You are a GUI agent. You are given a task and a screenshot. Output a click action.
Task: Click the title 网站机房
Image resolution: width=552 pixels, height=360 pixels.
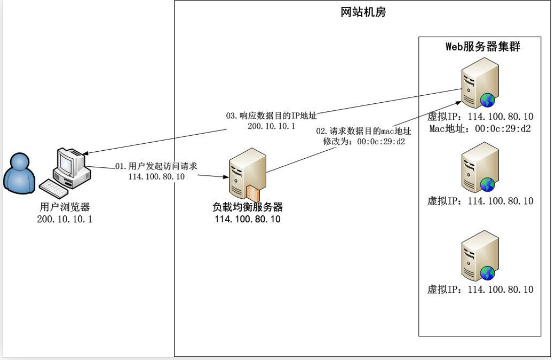click(x=363, y=13)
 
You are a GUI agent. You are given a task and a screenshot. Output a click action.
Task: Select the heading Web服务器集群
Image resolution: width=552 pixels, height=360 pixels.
click(x=482, y=47)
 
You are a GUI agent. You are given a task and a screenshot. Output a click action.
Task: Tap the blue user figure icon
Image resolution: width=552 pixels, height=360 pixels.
click(x=19, y=174)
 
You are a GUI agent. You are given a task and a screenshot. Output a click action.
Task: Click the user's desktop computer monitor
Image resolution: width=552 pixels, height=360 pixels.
click(x=70, y=164)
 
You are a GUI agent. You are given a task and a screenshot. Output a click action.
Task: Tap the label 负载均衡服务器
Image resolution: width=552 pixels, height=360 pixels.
click(x=248, y=207)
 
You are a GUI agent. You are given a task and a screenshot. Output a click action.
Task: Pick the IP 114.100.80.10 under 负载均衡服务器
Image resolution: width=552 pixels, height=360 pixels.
click(x=248, y=219)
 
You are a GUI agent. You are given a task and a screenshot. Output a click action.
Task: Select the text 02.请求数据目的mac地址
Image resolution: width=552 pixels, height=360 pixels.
click(x=363, y=131)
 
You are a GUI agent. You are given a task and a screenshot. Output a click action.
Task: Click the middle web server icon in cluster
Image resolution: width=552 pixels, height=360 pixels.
click(x=479, y=167)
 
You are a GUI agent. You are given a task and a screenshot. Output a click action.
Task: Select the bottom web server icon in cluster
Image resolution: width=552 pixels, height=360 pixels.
click(x=479, y=255)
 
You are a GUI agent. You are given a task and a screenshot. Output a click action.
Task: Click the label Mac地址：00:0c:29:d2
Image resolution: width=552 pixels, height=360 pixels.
click(x=480, y=129)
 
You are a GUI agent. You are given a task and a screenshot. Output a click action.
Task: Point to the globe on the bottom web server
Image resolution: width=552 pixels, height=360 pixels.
click(x=487, y=273)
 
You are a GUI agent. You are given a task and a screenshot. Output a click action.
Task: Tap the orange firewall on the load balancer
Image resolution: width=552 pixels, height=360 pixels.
click(x=253, y=194)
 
